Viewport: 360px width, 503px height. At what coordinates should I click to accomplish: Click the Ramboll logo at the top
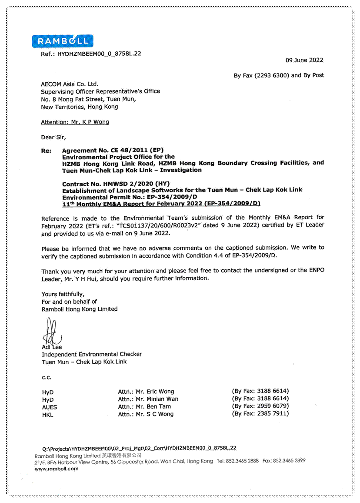click(x=63, y=41)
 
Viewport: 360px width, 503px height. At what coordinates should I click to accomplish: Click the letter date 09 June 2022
click(x=304, y=60)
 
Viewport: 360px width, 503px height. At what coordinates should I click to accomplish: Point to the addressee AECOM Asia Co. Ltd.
click(x=70, y=84)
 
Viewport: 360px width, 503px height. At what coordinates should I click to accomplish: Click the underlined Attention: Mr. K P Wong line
click(x=75, y=122)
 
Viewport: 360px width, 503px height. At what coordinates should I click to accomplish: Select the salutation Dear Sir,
click(x=54, y=137)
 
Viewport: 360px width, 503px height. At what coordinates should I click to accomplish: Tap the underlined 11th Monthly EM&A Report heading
click(x=161, y=203)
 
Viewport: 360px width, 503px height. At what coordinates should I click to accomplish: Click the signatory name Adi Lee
click(x=52, y=347)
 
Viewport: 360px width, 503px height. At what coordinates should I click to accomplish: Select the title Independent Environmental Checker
click(x=92, y=354)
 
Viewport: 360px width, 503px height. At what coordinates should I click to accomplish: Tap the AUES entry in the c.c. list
click(x=50, y=407)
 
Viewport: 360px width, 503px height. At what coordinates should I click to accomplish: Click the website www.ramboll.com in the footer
click(x=57, y=469)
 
